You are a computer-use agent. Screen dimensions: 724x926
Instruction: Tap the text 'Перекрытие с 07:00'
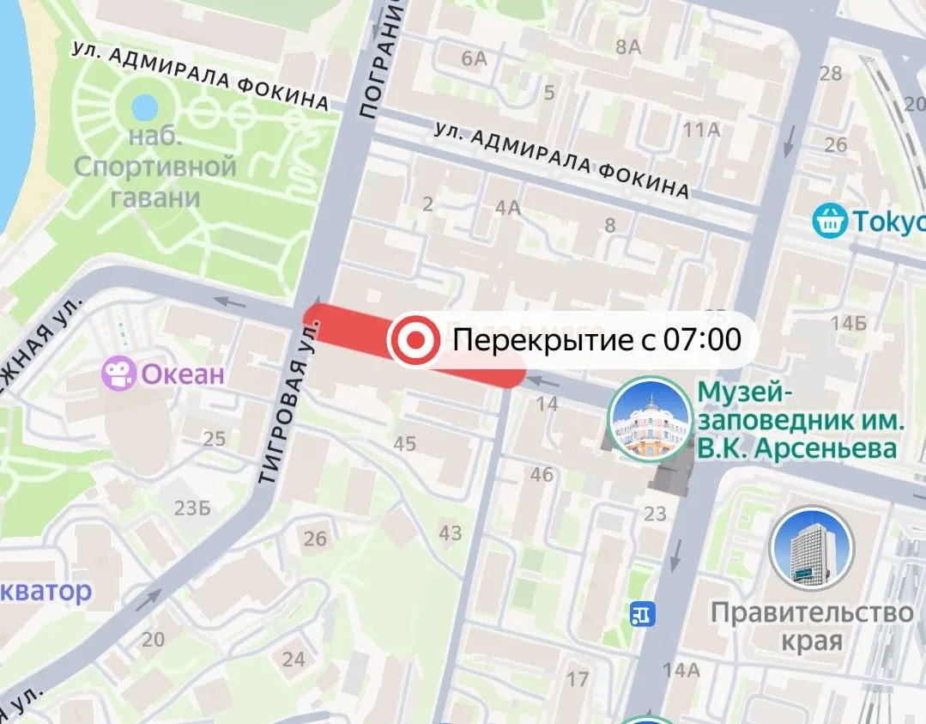tap(596, 341)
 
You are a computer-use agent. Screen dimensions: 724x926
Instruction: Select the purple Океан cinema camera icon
tap(118, 374)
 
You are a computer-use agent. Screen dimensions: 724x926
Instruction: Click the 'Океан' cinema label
tap(182, 374)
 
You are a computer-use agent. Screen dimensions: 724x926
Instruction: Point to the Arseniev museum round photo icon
tap(650, 419)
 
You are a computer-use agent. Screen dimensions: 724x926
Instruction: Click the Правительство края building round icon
tap(811, 549)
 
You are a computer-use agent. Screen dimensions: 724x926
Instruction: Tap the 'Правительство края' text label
tap(811, 626)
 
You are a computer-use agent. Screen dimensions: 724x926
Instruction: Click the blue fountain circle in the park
tap(144, 108)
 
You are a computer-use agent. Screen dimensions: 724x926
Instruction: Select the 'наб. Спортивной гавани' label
tap(154, 167)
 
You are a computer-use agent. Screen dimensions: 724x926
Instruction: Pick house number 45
tap(404, 444)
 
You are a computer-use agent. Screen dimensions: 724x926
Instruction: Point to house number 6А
tap(474, 58)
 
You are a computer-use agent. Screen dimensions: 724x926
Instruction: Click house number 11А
tap(700, 130)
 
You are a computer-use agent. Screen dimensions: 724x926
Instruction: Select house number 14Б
tap(848, 324)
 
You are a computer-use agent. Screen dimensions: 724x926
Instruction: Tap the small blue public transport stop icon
tap(641, 614)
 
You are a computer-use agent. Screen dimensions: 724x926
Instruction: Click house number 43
tap(451, 532)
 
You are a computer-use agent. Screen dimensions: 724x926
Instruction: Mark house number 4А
tap(508, 207)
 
